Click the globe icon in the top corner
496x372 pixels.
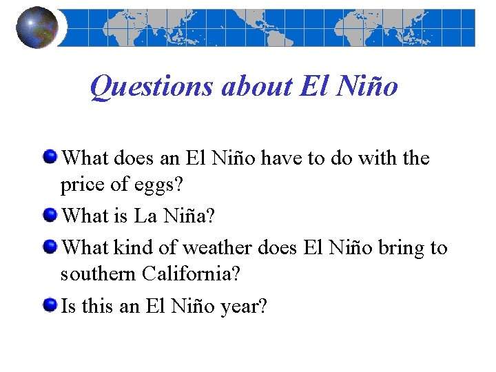(x=37, y=27)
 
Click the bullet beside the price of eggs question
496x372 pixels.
(x=50, y=158)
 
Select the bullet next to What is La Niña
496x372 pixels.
(x=50, y=216)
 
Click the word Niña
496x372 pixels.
(x=189, y=216)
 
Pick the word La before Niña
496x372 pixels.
(x=145, y=216)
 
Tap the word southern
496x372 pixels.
(x=99, y=274)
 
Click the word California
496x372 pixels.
(x=192, y=274)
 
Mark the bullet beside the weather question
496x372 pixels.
(x=50, y=246)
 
